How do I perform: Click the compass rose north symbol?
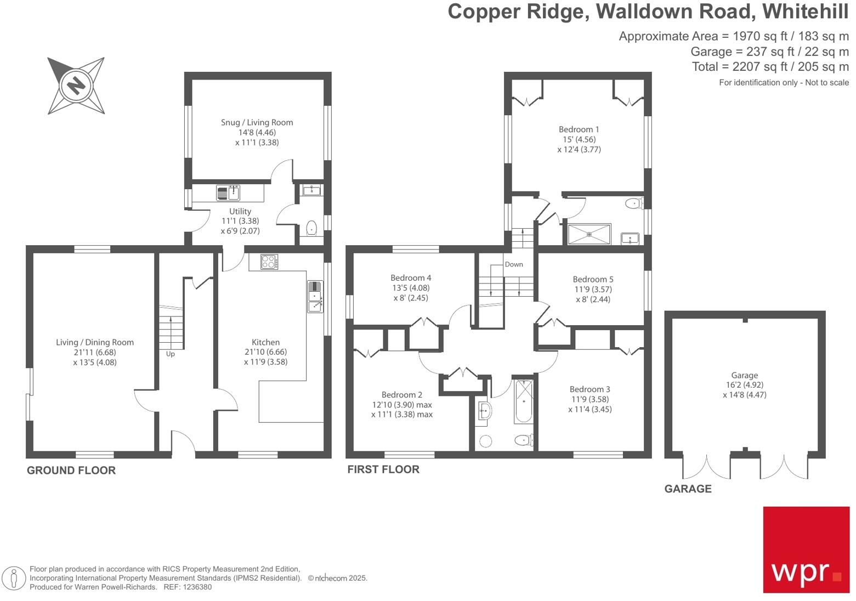point(76,86)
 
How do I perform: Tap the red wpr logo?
point(806,549)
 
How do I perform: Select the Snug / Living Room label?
point(257,122)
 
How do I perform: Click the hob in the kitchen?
point(269,262)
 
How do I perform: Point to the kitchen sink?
point(315,296)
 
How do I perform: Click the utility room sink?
point(229,193)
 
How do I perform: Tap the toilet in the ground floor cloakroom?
point(311,228)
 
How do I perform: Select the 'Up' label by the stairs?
point(171,354)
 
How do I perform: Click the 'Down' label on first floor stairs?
point(514,264)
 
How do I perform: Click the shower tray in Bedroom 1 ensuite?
point(589,234)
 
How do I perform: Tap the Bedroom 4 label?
point(411,277)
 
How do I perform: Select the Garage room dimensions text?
point(744,390)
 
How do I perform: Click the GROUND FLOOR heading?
point(71,470)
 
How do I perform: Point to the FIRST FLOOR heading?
point(383,469)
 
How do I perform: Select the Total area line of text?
point(770,67)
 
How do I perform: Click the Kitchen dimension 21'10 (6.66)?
point(265,352)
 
